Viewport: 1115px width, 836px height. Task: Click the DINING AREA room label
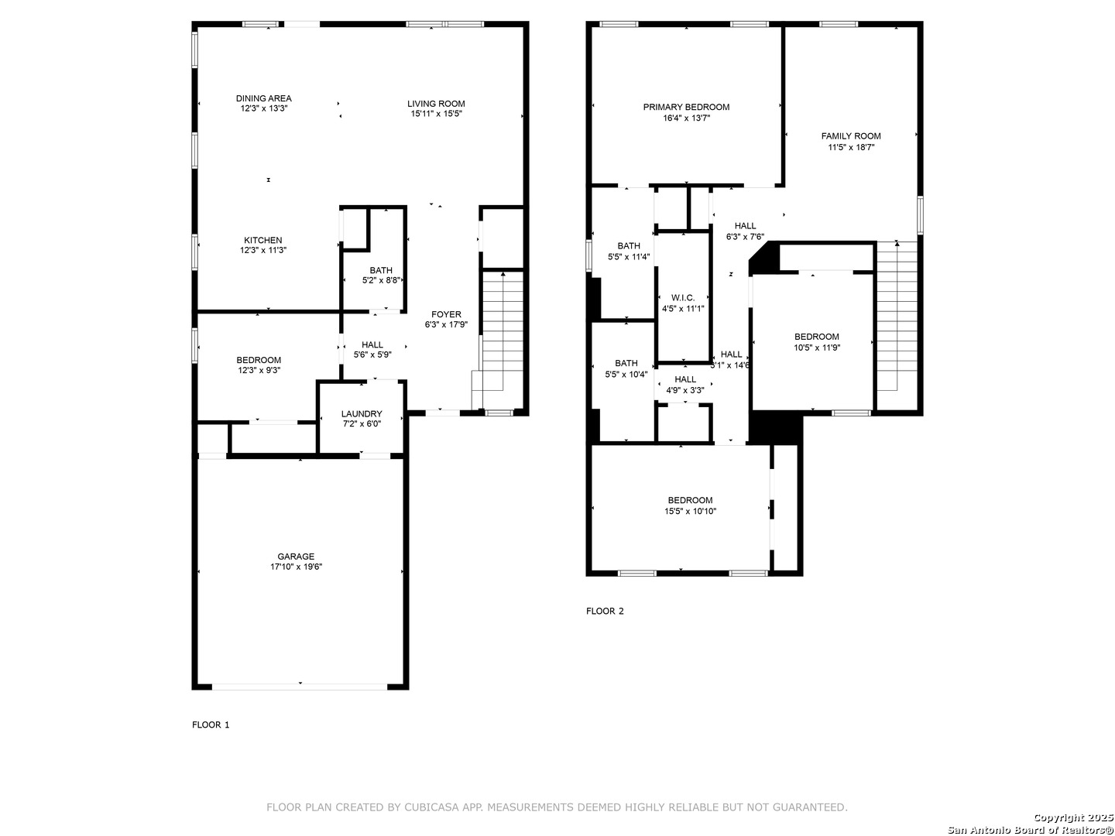263,98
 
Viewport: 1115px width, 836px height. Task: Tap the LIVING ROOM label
436,104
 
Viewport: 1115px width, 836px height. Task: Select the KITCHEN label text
262,240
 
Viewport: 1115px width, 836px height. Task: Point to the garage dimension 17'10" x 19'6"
296,567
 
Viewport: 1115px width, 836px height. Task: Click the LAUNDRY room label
362,413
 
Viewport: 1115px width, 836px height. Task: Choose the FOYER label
446,314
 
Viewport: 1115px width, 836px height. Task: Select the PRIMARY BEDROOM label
686,107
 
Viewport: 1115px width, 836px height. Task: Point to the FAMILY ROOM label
851,136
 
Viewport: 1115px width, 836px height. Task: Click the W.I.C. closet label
683,297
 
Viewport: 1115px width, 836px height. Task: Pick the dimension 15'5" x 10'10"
691,511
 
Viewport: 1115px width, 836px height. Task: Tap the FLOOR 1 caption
211,725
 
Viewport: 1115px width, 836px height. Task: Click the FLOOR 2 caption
605,612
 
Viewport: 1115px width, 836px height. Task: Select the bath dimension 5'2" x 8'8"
381,280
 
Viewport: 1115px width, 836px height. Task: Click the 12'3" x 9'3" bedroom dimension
259,371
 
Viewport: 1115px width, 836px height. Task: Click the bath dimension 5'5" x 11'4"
629,257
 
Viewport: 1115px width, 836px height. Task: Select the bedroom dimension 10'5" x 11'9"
817,348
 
